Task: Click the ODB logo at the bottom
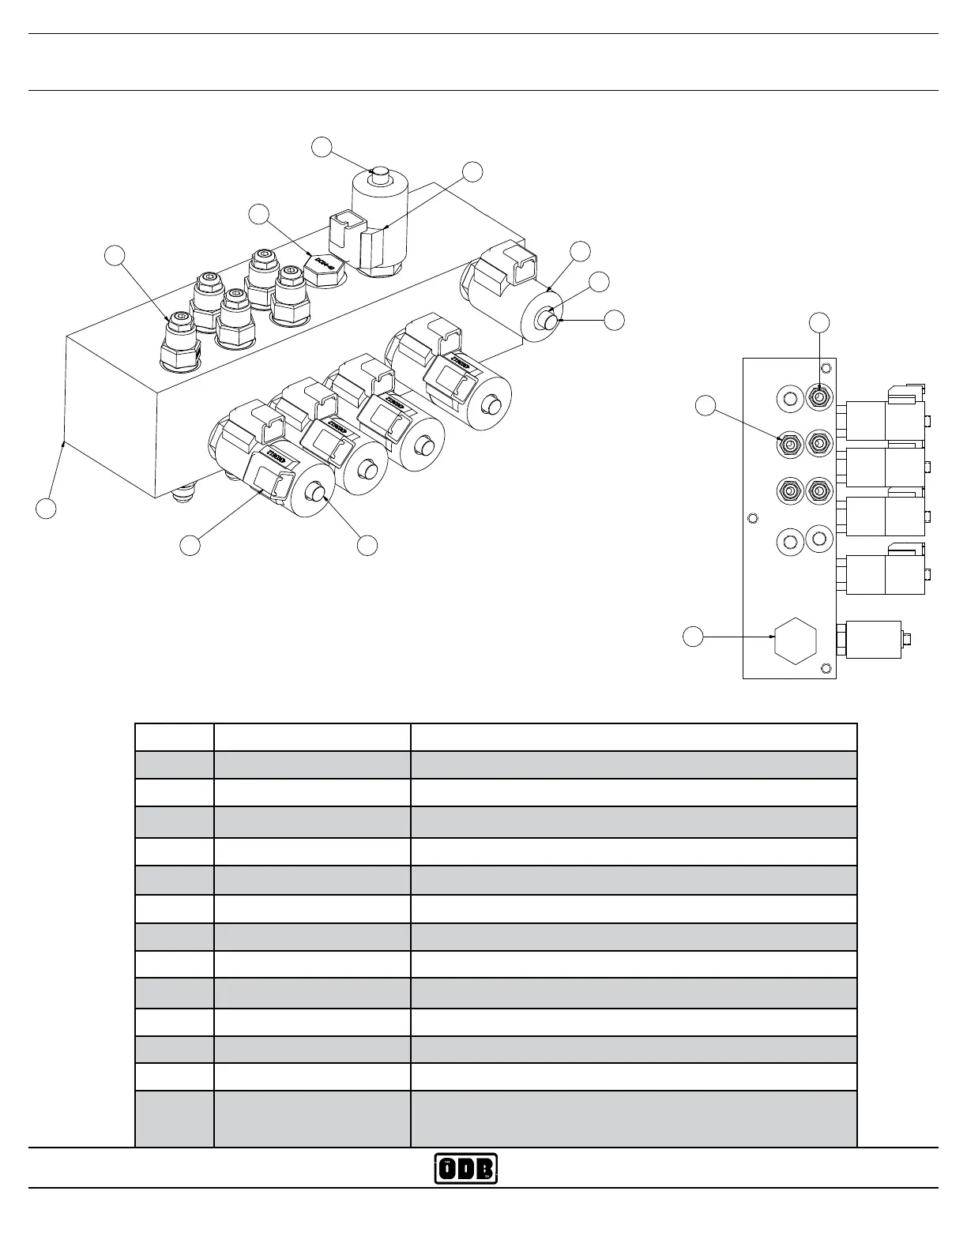[466, 1169]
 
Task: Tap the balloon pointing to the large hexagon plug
[693, 636]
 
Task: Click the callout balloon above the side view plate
[820, 321]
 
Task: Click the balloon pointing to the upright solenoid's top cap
[321, 147]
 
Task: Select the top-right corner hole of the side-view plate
[826, 368]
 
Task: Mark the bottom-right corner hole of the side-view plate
[826, 669]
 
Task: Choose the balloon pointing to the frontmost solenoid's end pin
[367, 545]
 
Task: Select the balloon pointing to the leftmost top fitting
[115, 254]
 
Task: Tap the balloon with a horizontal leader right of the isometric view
[614, 320]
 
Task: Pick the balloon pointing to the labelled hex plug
[258, 213]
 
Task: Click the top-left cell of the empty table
[174, 737]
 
